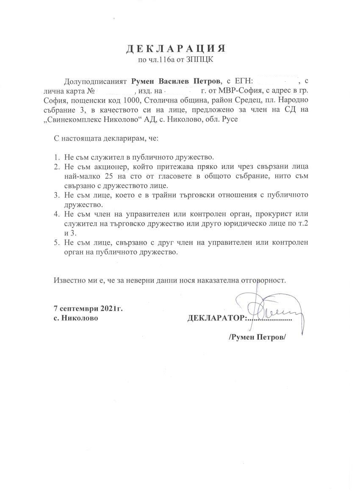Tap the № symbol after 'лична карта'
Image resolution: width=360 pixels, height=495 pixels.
(90, 91)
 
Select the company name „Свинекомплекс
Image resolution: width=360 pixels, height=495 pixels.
(80, 120)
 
